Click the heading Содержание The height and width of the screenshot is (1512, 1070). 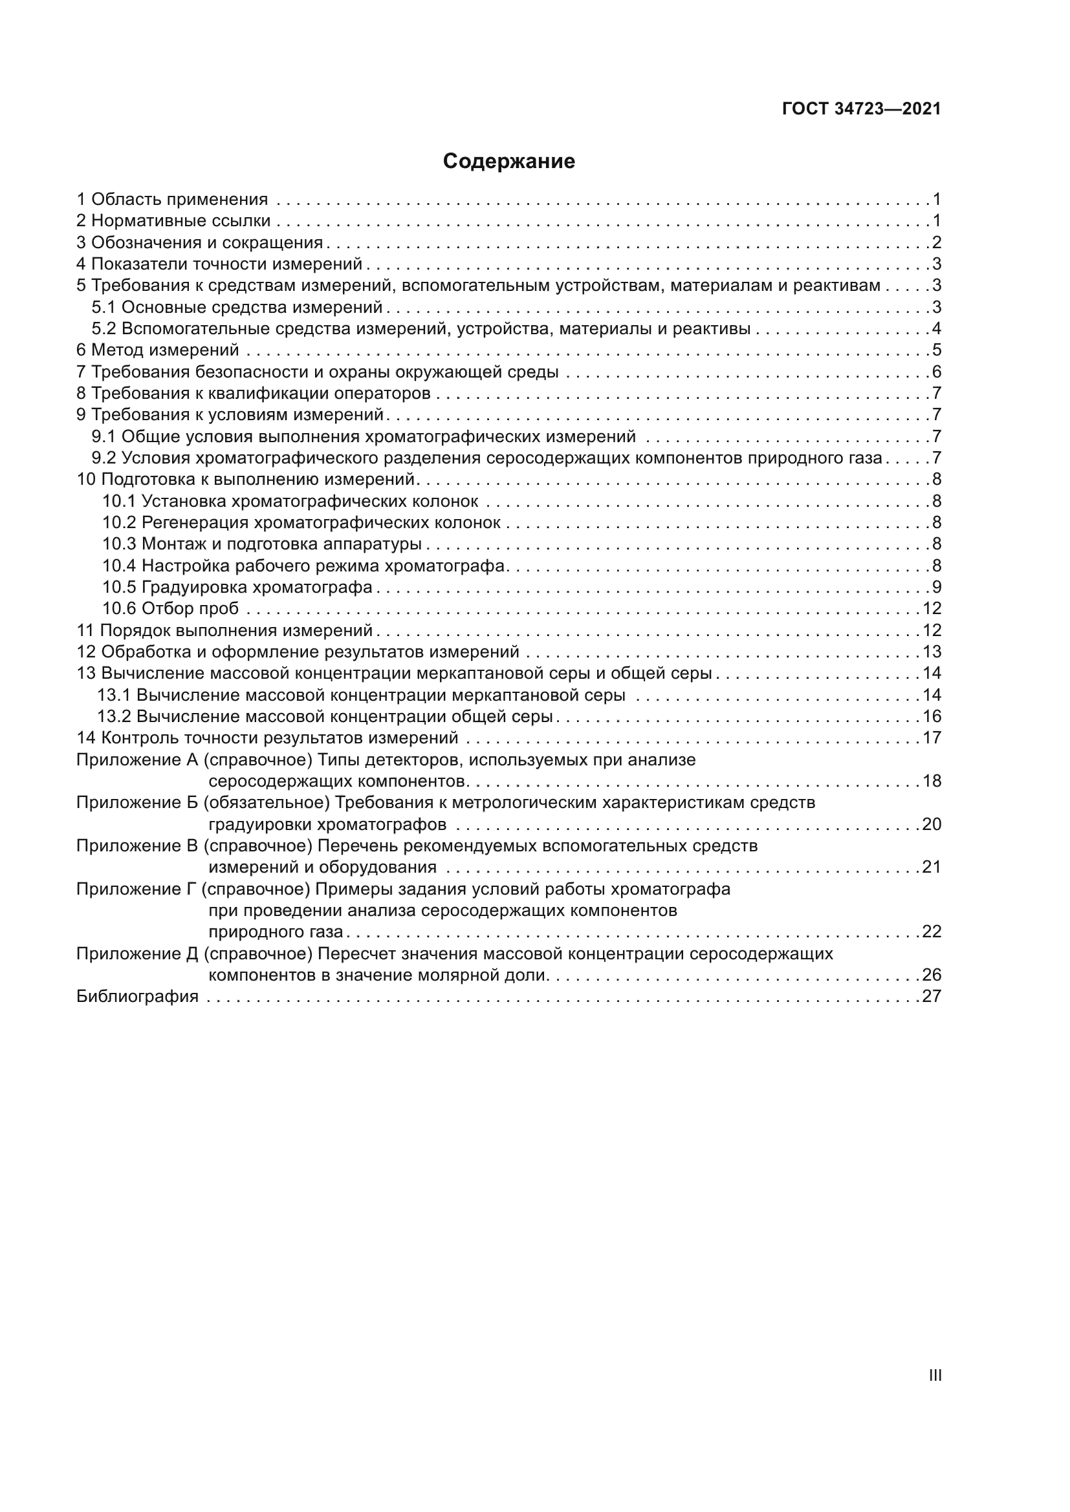[x=508, y=162]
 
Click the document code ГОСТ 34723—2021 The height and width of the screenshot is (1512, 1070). [x=861, y=109]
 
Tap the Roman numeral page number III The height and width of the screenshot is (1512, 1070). [x=934, y=1375]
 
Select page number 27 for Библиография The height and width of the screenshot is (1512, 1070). [x=931, y=996]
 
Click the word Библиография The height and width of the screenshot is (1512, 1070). [x=138, y=996]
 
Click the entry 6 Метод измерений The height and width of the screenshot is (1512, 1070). [x=158, y=350]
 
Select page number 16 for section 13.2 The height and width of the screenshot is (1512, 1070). [x=931, y=716]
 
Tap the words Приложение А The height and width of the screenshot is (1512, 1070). [x=137, y=760]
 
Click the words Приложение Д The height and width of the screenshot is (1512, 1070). [x=137, y=953]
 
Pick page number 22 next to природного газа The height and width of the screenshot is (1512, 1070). [x=931, y=932]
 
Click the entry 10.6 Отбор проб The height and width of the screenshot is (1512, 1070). [x=170, y=608]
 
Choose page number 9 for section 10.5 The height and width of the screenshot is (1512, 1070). [x=936, y=588]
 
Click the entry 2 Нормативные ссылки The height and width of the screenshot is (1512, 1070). [x=173, y=220]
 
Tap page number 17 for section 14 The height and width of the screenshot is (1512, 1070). [x=931, y=738]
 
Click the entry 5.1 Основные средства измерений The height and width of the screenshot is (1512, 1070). [x=237, y=308]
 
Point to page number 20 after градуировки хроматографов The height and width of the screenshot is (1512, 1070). [x=931, y=824]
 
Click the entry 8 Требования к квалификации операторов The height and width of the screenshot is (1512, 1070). [x=254, y=394]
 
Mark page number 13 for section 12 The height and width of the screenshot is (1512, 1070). [x=931, y=652]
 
